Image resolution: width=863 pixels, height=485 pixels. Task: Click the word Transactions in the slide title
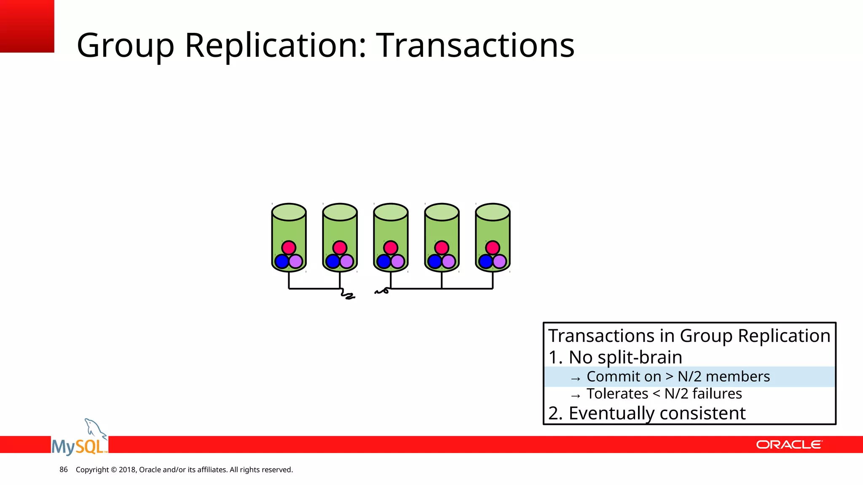pyautogui.click(x=475, y=45)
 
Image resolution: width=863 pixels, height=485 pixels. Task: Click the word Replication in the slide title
pyautogui.click(x=276, y=45)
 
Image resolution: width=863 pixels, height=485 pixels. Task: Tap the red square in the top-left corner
pyautogui.click(x=27, y=26)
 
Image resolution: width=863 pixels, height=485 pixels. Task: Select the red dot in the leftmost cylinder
pyautogui.click(x=289, y=248)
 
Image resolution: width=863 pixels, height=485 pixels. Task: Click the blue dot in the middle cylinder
pyautogui.click(x=383, y=261)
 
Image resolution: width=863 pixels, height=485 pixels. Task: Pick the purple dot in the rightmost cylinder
pyautogui.click(x=500, y=261)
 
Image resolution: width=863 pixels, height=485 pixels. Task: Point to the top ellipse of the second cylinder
pyautogui.click(x=340, y=212)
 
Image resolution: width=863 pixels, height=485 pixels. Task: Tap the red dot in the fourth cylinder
pyautogui.click(x=442, y=248)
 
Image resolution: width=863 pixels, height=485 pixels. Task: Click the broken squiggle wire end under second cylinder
pyautogui.click(x=348, y=295)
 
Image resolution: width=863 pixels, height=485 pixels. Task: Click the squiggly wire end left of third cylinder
pyautogui.click(x=381, y=291)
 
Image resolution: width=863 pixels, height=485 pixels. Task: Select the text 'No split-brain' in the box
pyautogui.click(x=625, y=357)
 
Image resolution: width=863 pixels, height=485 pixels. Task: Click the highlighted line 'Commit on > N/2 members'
pyautogui.click(x=678, y=376)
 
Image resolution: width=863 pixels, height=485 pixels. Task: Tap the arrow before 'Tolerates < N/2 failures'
pyautogui.click(x=576, y=396)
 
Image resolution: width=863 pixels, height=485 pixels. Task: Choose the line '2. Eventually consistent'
pyautogui.click(x=647, y=413)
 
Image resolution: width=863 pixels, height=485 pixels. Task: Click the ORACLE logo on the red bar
pyautogui.click(x=789, y=445)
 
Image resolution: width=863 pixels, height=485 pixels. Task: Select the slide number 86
pyautogui.click(x=64, y=469)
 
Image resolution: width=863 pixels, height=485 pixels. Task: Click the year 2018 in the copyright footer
pyautogui.click(x=127, y=469)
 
